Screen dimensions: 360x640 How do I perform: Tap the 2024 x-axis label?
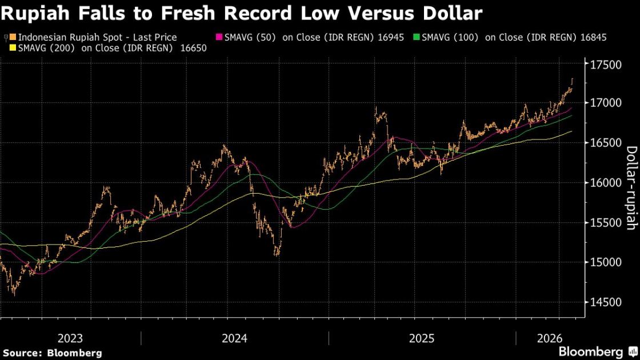pos(234,338)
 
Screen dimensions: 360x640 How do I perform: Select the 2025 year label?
pos(422,338)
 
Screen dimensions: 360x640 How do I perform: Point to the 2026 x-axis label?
pos(549,338)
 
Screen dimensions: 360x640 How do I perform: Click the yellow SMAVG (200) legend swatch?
pos(13,48)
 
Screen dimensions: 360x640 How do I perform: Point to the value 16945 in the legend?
pos(391,37)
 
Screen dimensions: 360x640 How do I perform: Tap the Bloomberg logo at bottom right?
pos(594,351)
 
